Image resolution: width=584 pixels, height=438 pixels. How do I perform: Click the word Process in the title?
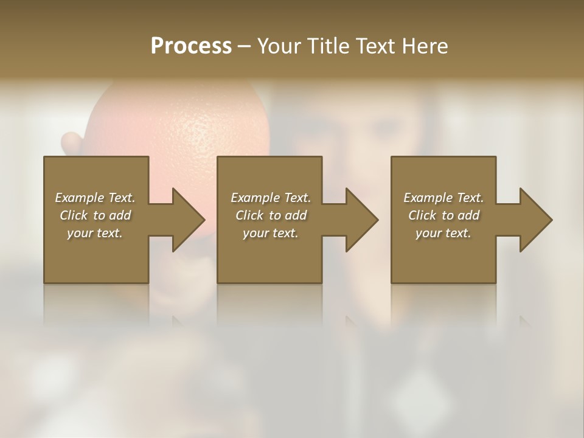pos(191,46)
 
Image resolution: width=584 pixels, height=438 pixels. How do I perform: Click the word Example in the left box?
pos(80,198)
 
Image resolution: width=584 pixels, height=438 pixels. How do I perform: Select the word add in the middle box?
pos(295,215)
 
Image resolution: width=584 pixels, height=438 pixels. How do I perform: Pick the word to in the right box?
pos(448,215)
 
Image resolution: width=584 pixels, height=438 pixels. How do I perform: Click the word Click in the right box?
pos(423,215)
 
